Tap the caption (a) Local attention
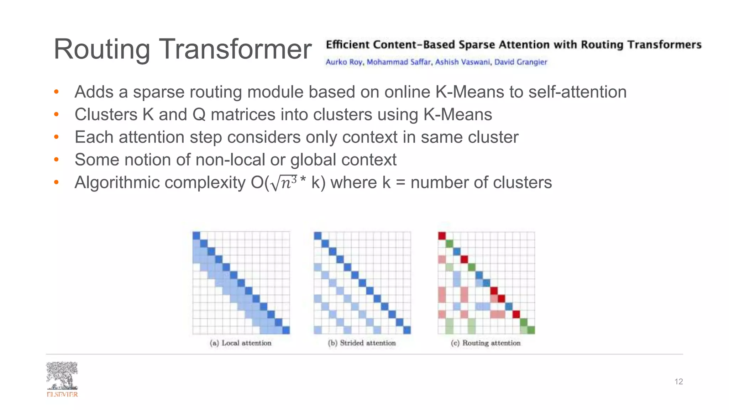[241, 343]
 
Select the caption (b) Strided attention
[362, 343]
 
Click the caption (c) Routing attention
[486, 343]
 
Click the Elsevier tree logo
[62, 376]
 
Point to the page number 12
[678, 382]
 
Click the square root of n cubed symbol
[284, 183]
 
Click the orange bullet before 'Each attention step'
[56, 137]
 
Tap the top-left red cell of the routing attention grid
[442, 236]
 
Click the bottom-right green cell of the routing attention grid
[531, 330]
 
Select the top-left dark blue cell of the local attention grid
[196, 236]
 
